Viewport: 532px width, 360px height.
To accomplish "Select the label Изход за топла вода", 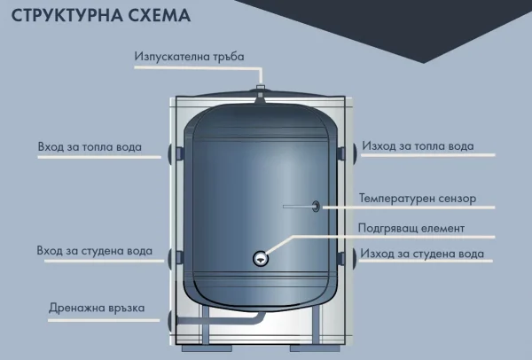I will pos(418,146).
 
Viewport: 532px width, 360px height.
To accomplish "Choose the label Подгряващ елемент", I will pos(411,228).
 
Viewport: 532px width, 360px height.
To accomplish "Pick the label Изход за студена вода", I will pos(422,254).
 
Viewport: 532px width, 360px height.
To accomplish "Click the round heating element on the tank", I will pos(259,258).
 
